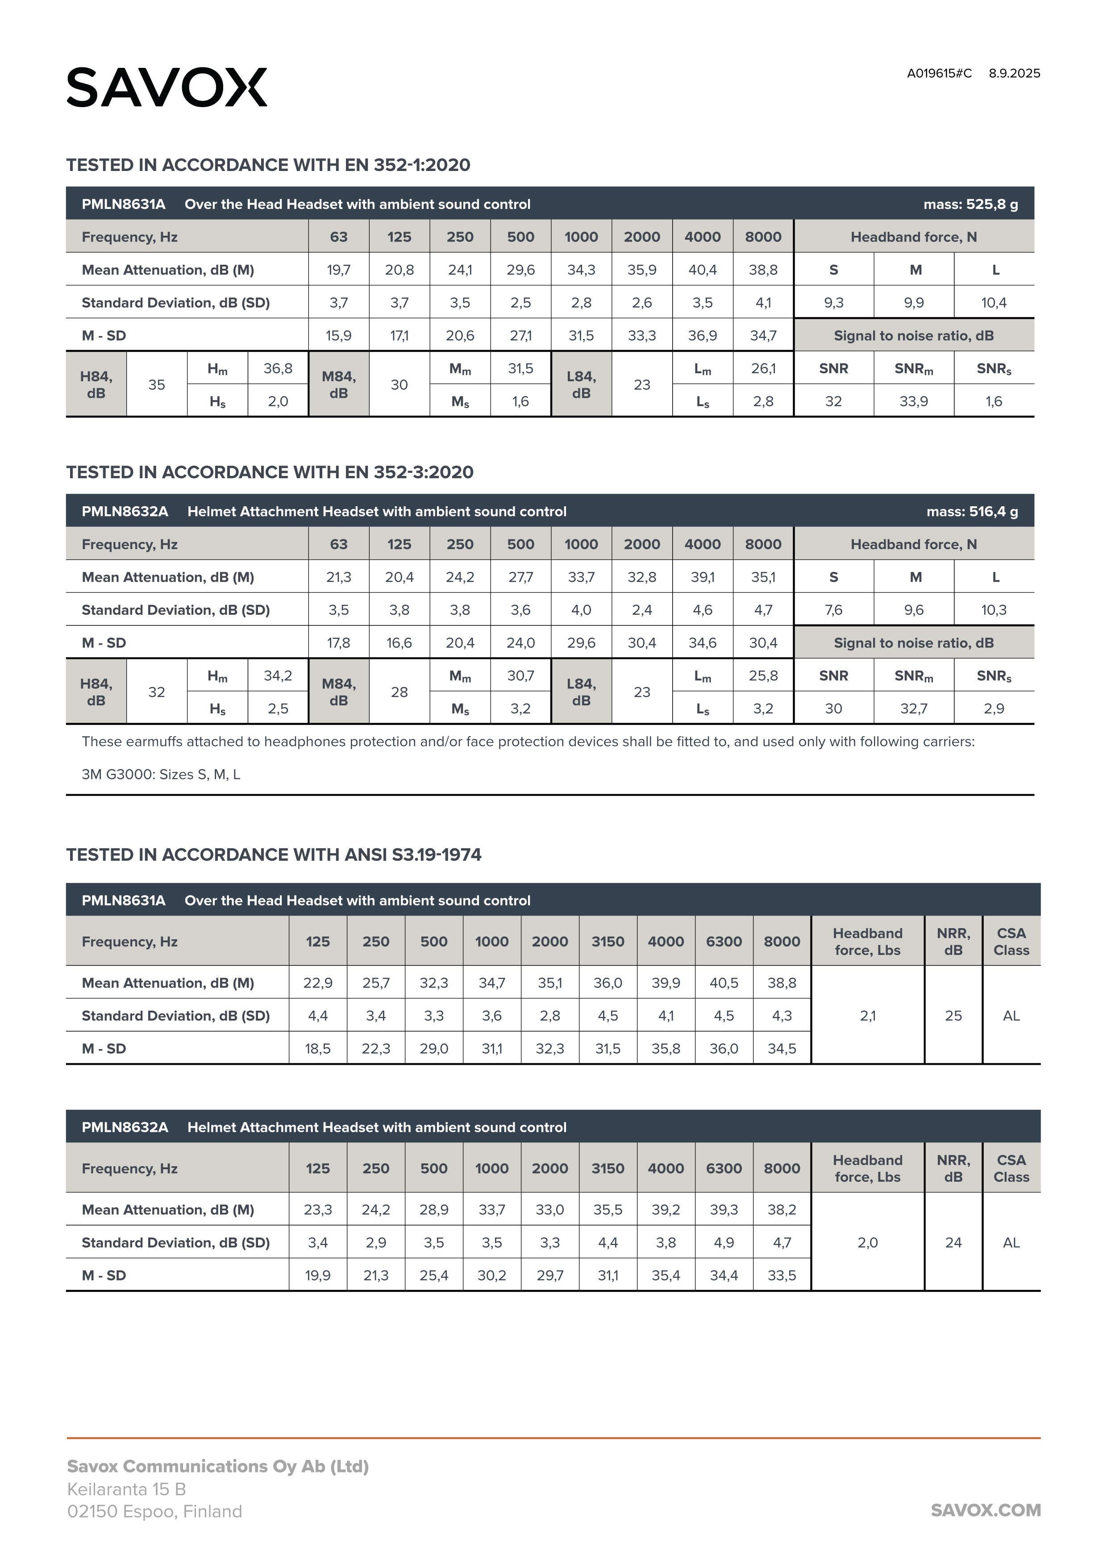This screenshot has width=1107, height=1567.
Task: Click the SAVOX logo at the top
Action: coord(166,88)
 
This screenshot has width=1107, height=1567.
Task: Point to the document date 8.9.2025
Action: coord(1014,74)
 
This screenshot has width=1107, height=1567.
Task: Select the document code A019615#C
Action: coord(939,74)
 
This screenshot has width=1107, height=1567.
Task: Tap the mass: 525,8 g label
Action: coord(970,204)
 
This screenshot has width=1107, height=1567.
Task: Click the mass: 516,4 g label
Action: coord(971,511)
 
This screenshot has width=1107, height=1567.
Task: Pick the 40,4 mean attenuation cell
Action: coord(702,270)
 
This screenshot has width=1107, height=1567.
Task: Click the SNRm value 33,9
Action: coord(913,401)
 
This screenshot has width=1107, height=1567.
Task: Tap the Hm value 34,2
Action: coord(278,675)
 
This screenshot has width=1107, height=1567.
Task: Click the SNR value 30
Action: coord(833,708)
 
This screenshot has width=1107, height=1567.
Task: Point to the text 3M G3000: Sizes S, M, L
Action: coord(161,775)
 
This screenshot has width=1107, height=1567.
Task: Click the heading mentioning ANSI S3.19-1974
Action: coord(274,854)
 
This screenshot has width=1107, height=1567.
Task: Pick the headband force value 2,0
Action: coord(867,1242)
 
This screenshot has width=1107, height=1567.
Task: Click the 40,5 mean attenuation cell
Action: coord(724,983)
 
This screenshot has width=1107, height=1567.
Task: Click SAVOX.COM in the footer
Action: coord(986,1510)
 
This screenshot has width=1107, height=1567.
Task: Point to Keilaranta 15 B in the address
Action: coord(126,1489)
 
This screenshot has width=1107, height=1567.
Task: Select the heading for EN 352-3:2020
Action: coord(270,472)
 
